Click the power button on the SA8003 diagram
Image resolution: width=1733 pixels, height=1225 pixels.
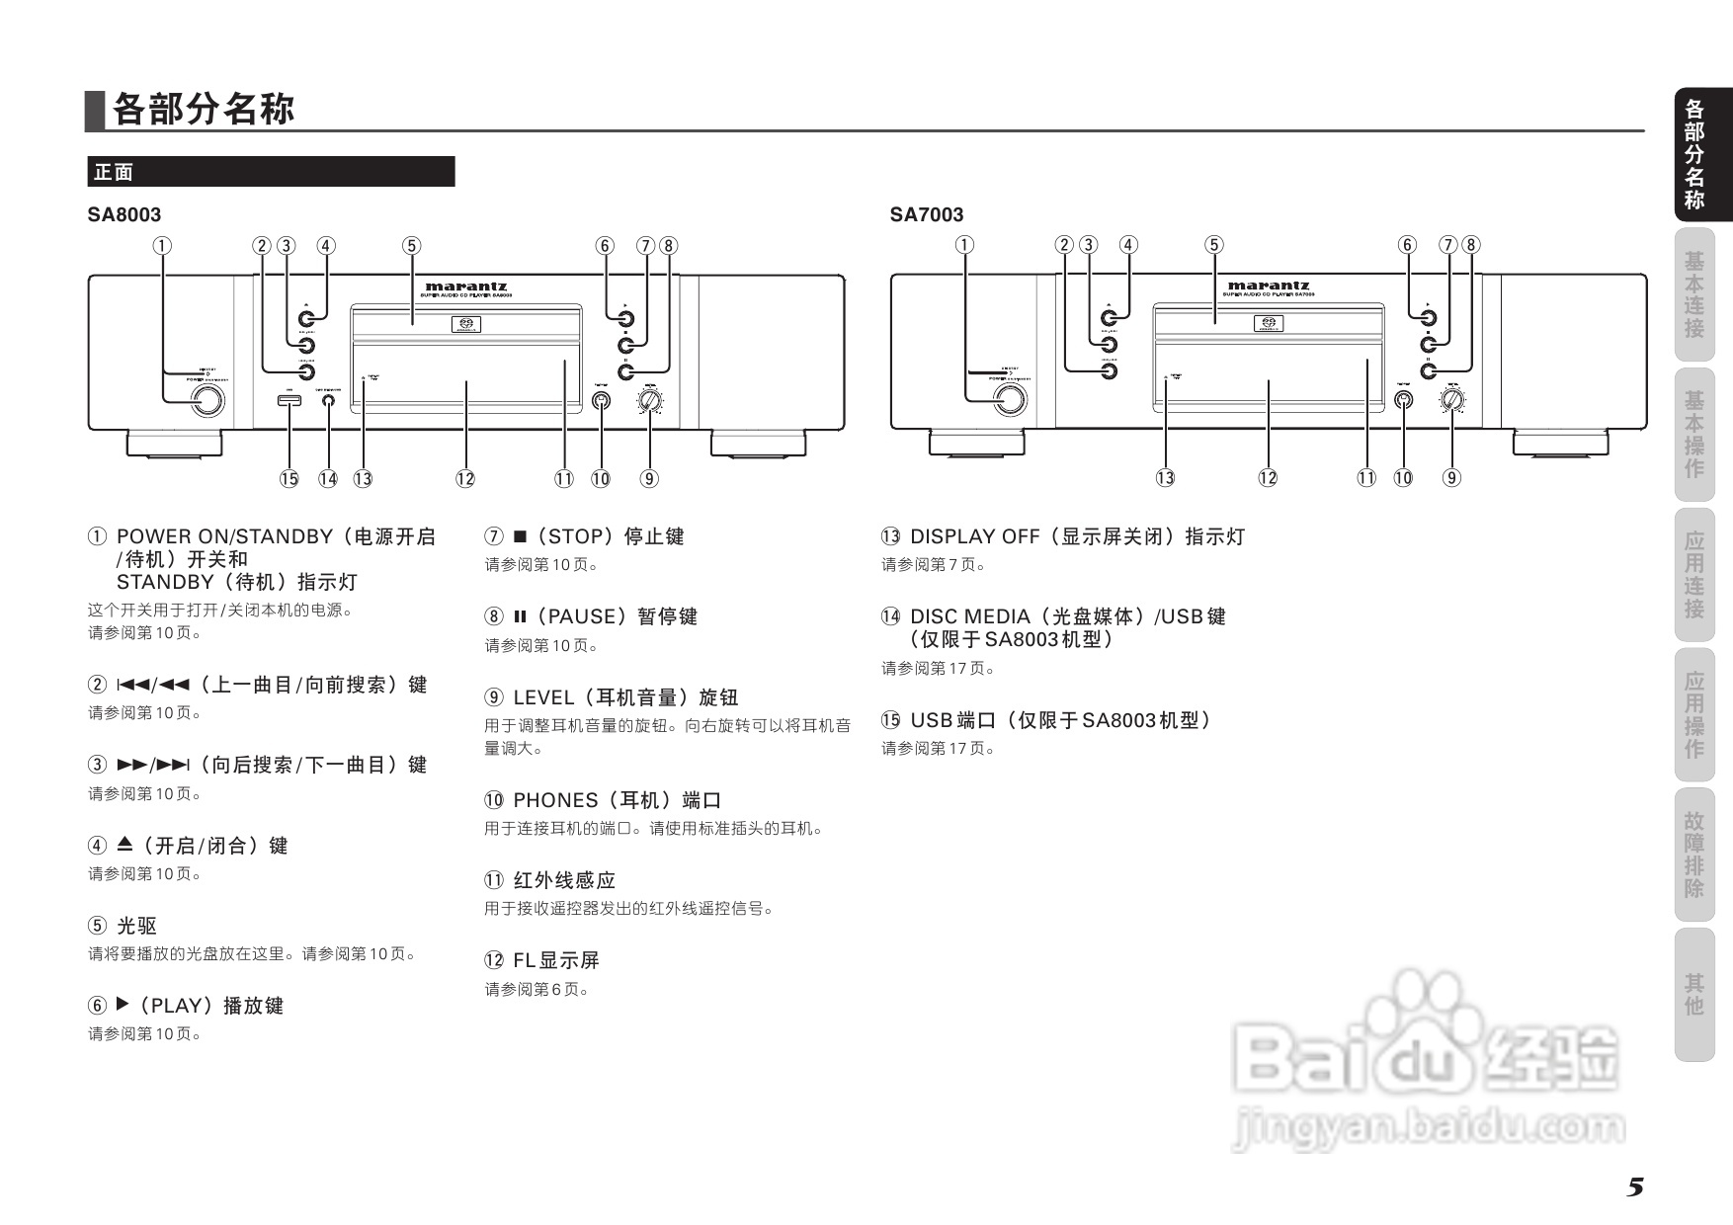(x=207, y=400)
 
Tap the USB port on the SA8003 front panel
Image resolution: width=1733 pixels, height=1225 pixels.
(x=289, y=401)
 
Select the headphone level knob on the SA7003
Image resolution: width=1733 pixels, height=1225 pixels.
(x=1451, y=400)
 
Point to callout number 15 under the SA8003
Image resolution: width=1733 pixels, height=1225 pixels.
(x=289, y=479)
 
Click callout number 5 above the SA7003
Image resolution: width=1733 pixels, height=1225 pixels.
(x=1214, y=245)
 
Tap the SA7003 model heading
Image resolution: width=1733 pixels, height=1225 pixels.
(x=926, y=214)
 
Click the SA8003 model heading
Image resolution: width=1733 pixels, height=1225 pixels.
(x=124, y=214)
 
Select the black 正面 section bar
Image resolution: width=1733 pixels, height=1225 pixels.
(x=271, y=172)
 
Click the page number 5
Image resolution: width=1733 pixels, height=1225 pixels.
(x=1635, y=1186)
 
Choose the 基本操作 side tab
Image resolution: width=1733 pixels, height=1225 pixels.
(x=1694, y=435)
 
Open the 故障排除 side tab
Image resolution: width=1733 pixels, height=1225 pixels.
(x=1694, y=855)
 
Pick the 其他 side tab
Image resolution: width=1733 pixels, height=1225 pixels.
(x=1694, y=994)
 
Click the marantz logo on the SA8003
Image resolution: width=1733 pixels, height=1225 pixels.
(x=465, y=286)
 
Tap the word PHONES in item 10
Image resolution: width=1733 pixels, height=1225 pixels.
(x=555, y=800)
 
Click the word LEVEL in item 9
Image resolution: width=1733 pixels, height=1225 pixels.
(x=542, y=697)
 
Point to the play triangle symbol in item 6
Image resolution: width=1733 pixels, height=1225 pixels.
(x=123, y=1005)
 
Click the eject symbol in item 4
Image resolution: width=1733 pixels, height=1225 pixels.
(x=124, y=845)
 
